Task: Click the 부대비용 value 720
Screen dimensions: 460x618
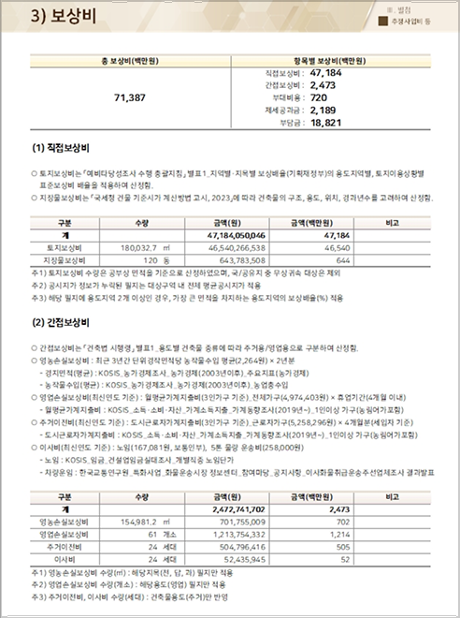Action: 317,96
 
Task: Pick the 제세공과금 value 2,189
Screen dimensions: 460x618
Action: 323,110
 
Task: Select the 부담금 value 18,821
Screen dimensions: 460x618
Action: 326,123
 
